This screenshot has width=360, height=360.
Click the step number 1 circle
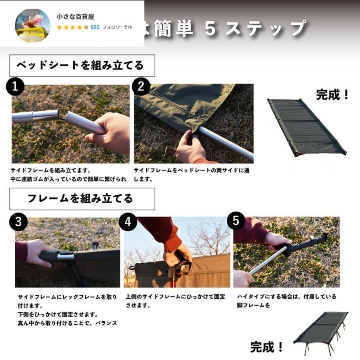point(15,87)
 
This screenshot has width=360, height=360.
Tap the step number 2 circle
point(141,86)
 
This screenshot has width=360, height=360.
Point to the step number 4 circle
point(128,222)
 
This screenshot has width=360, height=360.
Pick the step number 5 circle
point(236,221)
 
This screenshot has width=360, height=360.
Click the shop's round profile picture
point(32,25)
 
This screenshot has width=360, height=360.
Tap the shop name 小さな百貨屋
point(76,17)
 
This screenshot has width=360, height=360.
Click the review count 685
point(95,27)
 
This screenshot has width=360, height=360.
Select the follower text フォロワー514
point(117,27)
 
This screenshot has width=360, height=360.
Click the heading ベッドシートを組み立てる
point(82,65)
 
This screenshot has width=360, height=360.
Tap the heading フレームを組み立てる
point(82,198)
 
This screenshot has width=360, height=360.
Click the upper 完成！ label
point(333,95)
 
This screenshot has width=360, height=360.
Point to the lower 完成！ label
point(267,347)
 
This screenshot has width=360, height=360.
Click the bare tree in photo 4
point(208,236)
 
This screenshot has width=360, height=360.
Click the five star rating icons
point(72,27)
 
